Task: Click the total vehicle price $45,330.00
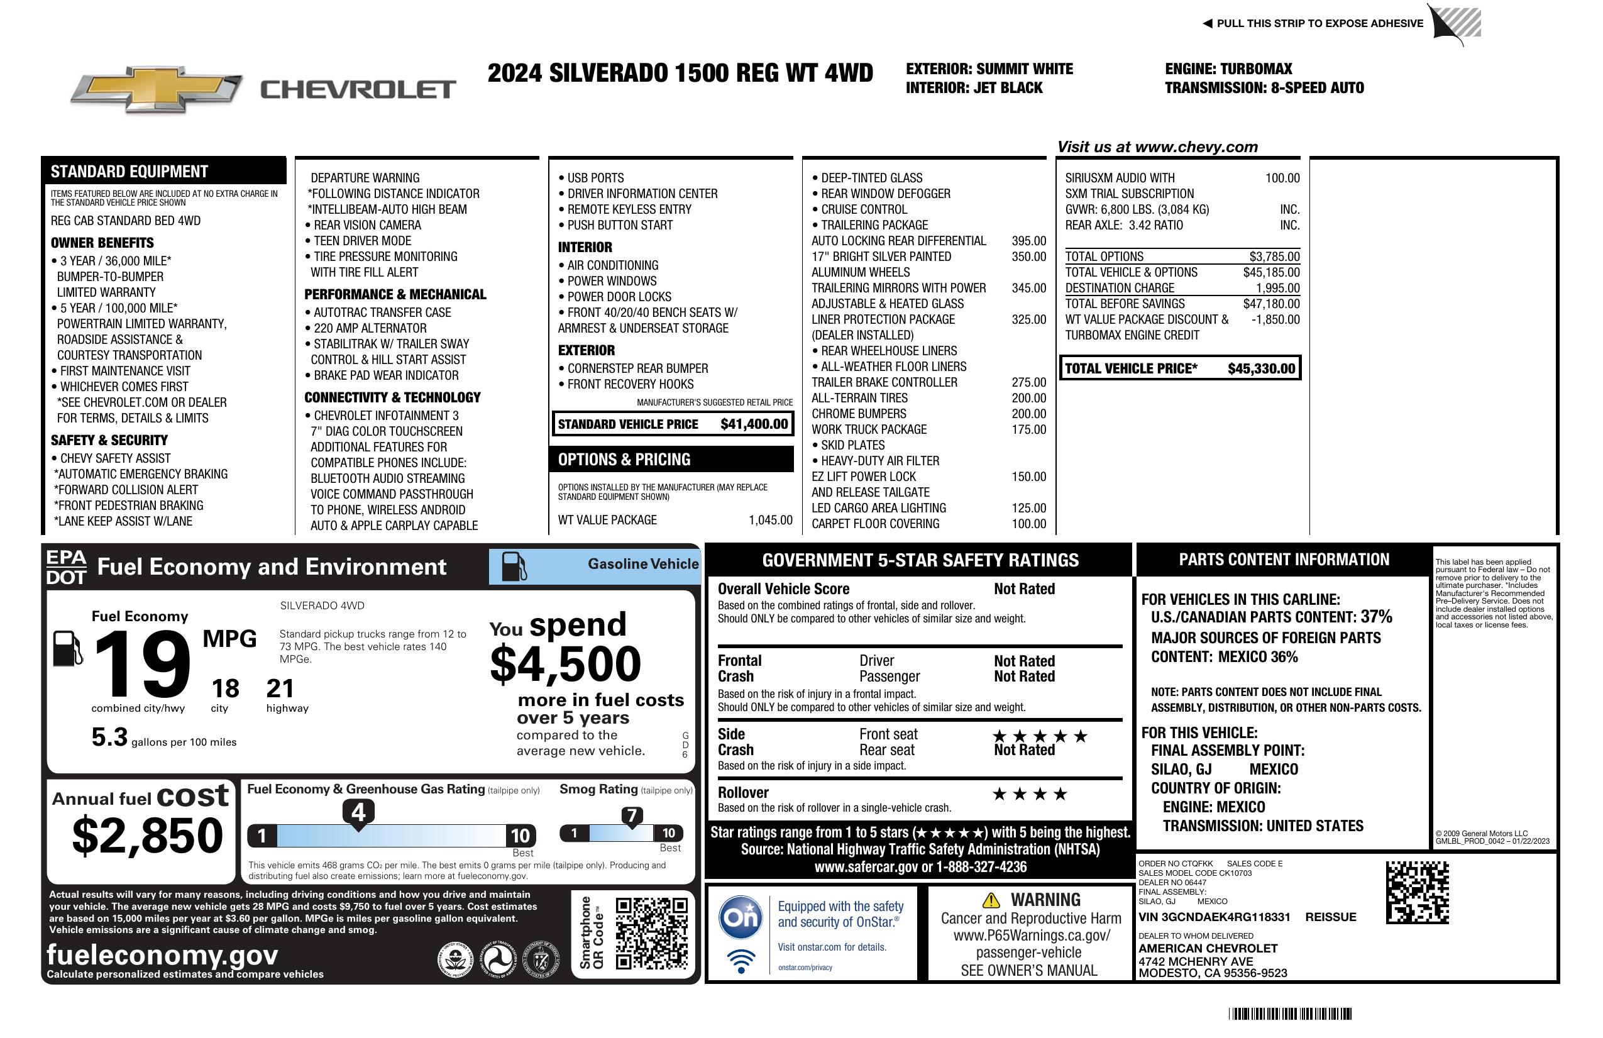pyautogui.click(x=1261, y=368)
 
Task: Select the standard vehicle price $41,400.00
pyautogui.click(x=754, y=424)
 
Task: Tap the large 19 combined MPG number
pyautogui.click(x=143, y=664)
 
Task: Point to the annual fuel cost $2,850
pyautogui.click(x=147, y=836)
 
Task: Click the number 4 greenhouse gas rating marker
pyautogui.click(x=358, y=812)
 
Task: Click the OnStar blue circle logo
pyautogui.click(x=741, y=916)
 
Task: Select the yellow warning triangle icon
pyautogui.click(x=991, y=900)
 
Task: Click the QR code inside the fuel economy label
pyautogui.click(x=651, y=932)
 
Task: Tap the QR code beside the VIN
pyautogui.click(x=1417, y=892)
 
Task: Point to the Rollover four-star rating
pyautogui.click(x=1030, y=794)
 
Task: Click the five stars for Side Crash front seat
pyautogui.click(x=1040, y=736)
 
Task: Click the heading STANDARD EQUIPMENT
pyautogui.click(x=129, y=171)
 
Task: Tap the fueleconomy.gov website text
pyautogui.click(x=162, y=955)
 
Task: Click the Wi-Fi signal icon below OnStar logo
pyautogui.click(x=741, y=961)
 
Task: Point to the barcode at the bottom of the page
pyautogui.click(x=1290, y=1013)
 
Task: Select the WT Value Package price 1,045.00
pyautogui.click(x=771, y=520)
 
